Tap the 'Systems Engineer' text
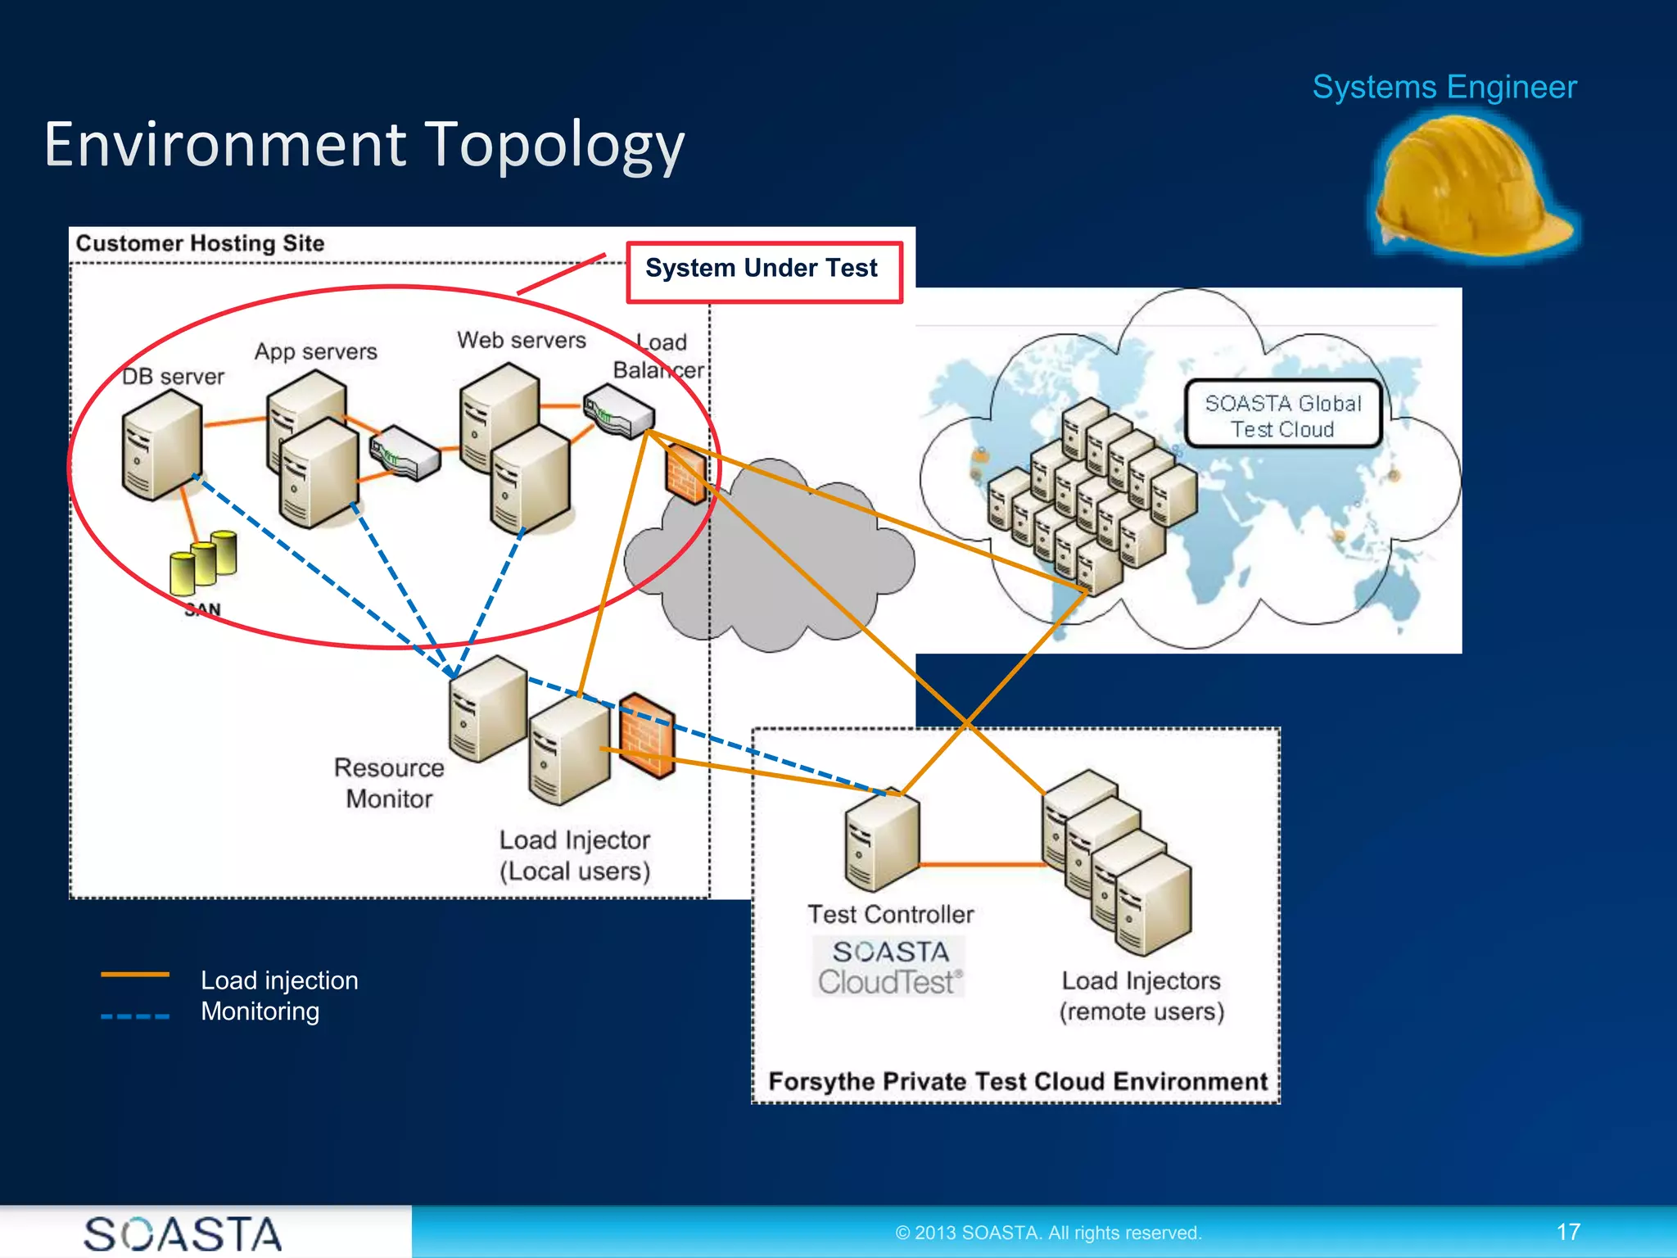tap(1444, 87)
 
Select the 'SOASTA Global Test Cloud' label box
tap(1282, 415)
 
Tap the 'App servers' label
tap(315, 351)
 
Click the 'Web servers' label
tap(521, 340)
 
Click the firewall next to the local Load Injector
tap(647, 735)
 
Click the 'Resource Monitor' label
tap(388, 783)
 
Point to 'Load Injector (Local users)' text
tap(574, 855)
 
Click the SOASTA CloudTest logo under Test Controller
tap(889, 967)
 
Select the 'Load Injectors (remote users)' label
tap(1141, 996)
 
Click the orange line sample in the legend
tap(134, 975)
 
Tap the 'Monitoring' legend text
tap(260, 1011)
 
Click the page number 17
tap(1567, 1232)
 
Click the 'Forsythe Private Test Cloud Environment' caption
tap(1017, 1082)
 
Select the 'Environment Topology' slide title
tap(364, 145)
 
